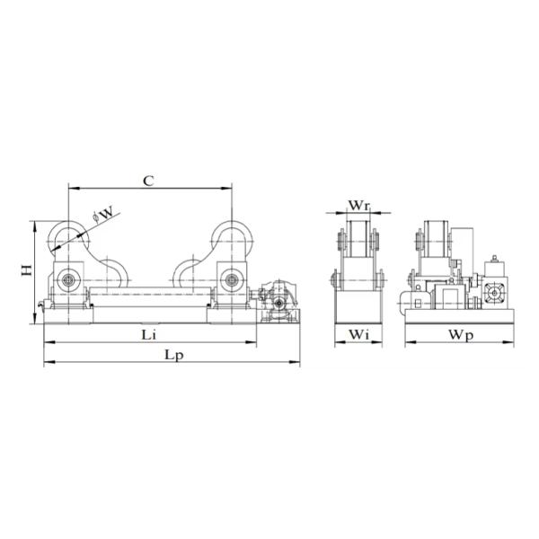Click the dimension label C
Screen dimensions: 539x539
click(148, 181)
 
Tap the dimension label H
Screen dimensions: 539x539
click(26, 270)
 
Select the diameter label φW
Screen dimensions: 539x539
click(102, 215)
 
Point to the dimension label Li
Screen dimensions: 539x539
click(148, 335)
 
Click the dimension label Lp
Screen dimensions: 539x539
click(174, 356)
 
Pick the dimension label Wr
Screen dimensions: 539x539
click(359, 206)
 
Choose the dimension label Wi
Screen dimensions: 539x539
click(358, 334)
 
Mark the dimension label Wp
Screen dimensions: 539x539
click(461, 335)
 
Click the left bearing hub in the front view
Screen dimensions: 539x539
click(67, 280)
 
